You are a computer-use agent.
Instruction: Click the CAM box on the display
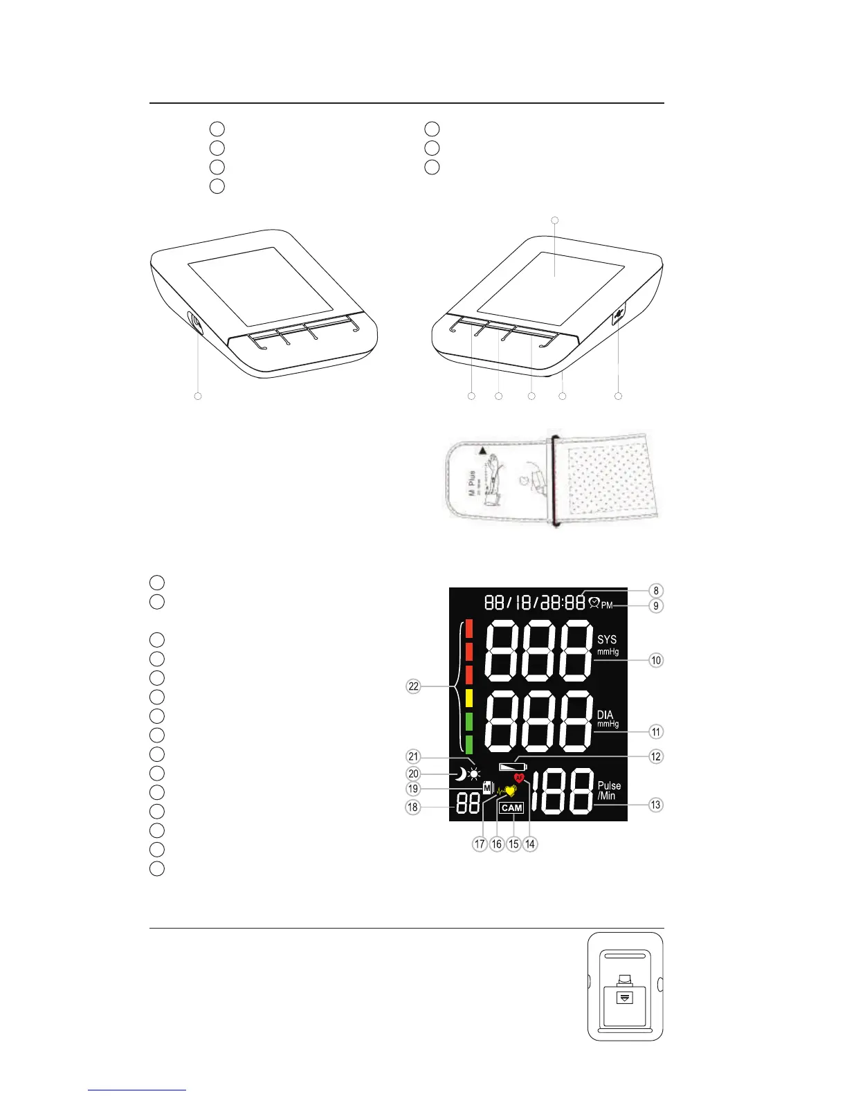[512, 807]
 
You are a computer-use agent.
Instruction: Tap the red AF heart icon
[520, 778]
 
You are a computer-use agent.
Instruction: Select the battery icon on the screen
[513, 767]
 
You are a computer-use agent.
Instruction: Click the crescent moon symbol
[459, 774]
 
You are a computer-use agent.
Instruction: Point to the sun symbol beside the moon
[474, 774]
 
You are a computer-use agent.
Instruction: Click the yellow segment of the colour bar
[468, 697]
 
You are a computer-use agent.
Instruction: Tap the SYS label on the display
[607, 640]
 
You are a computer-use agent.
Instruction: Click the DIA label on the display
[605, 715]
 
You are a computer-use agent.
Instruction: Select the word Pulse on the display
[610, 786]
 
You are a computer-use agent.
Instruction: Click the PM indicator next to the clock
[607, 605]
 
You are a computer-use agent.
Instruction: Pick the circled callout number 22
[414, 686]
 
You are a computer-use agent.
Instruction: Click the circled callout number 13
[655, 805]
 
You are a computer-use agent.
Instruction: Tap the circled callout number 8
[656, 591]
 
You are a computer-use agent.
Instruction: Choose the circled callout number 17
[480, 844]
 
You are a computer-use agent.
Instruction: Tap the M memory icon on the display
[489, 788]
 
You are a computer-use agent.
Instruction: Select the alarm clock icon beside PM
[593, 603]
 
